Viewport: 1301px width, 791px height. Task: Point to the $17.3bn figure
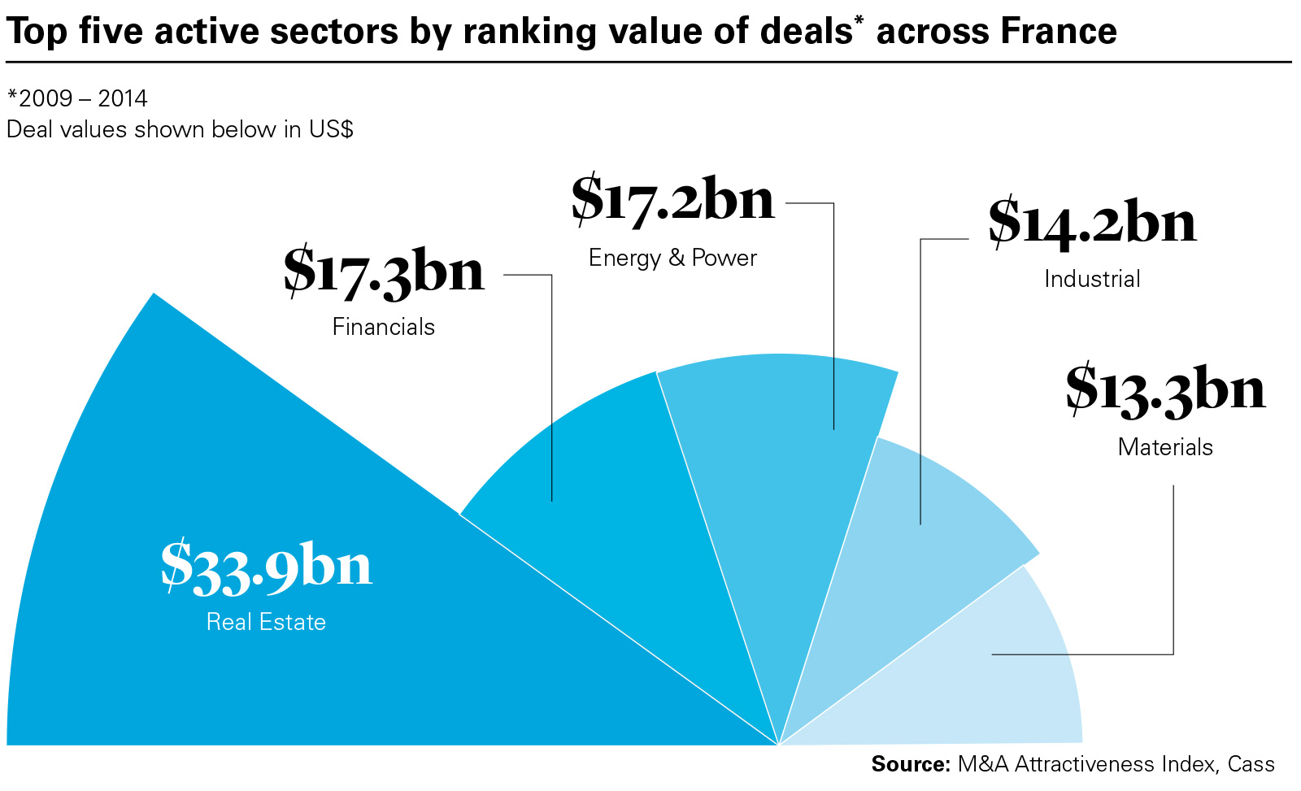point(384,272)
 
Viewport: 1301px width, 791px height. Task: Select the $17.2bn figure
point(672,200)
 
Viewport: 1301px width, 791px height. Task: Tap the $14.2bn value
point(1092,223)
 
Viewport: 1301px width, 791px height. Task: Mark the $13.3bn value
point(1165,390)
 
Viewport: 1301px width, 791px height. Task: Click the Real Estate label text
point(266,622)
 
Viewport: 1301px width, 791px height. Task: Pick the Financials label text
point(384,327)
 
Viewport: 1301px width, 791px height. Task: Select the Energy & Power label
point(672,258)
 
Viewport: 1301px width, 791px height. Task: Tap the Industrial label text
point(1092,279)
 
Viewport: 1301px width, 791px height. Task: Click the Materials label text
point(1165,447)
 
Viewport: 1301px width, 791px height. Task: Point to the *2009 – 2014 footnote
point(77,98)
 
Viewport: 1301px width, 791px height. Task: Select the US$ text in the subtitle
point(331,129)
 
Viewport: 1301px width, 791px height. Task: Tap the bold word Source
point(910,764)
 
